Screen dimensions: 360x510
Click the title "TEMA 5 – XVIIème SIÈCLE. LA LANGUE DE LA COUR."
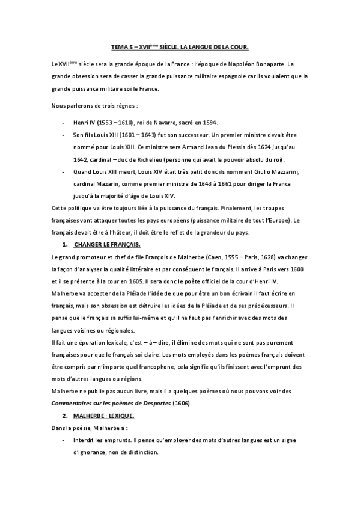[x=180, y=46]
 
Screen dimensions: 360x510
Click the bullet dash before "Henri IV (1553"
[x=64, y=121]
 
